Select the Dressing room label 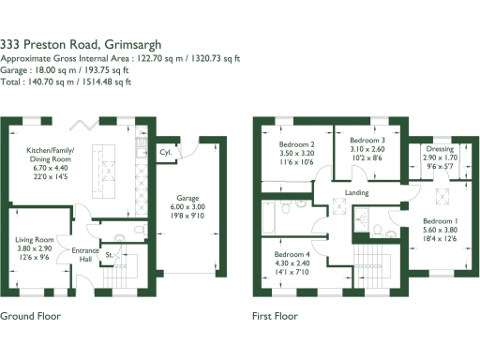point(440,148)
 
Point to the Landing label point(356,193)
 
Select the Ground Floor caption point(31,317)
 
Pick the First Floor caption point(275,317)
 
